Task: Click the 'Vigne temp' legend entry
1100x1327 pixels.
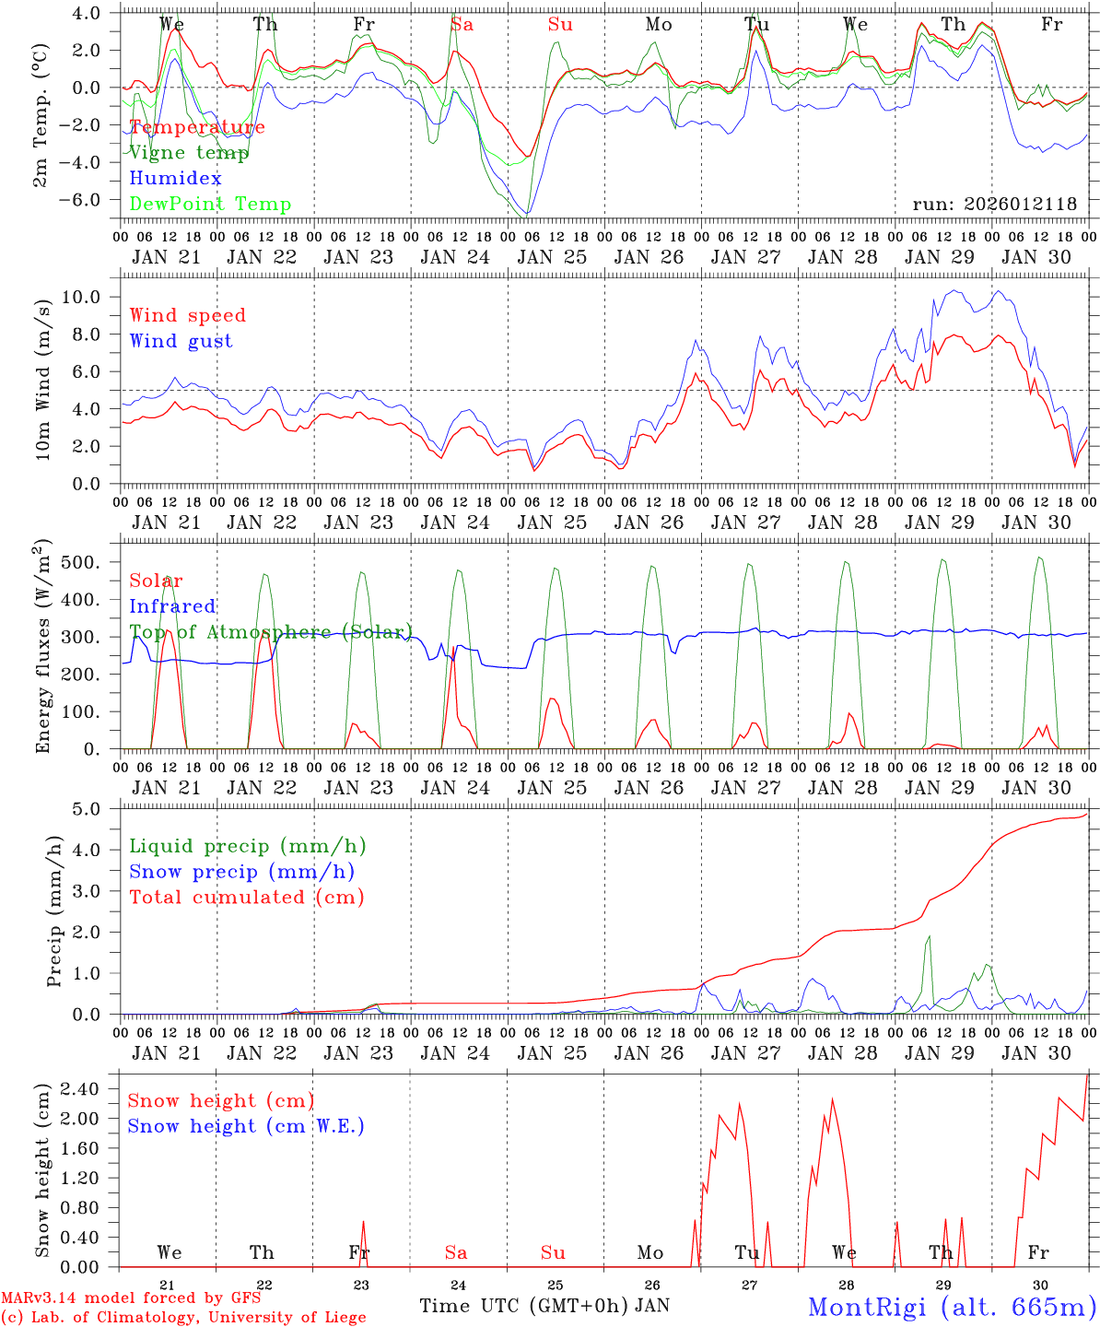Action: tap(189, 153)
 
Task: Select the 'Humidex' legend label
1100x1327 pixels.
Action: tap(175, 179)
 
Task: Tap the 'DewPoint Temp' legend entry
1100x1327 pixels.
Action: tap(210, 205)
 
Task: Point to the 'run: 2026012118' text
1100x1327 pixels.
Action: tap(994, 205)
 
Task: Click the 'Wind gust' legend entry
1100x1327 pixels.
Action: tap(181, 341)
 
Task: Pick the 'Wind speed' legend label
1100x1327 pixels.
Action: tap(188, 315)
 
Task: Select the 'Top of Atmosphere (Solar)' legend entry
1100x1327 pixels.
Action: tap(270, 632)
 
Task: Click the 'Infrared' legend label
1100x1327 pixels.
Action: tap(172, 606)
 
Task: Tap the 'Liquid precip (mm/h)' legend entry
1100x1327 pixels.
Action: tap(248, 846)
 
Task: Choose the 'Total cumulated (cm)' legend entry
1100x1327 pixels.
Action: tap(247, 898)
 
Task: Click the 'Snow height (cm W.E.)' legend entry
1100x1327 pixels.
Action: tap(246, 1126)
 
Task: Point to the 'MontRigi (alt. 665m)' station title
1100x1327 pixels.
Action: tap(952, 1307)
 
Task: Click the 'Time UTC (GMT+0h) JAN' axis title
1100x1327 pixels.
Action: tap(544, 1306)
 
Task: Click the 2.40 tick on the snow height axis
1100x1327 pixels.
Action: tap(85, 1089)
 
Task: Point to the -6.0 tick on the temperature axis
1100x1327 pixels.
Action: tap(90, 199)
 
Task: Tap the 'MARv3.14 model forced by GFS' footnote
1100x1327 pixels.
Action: tap(131, 1298)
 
